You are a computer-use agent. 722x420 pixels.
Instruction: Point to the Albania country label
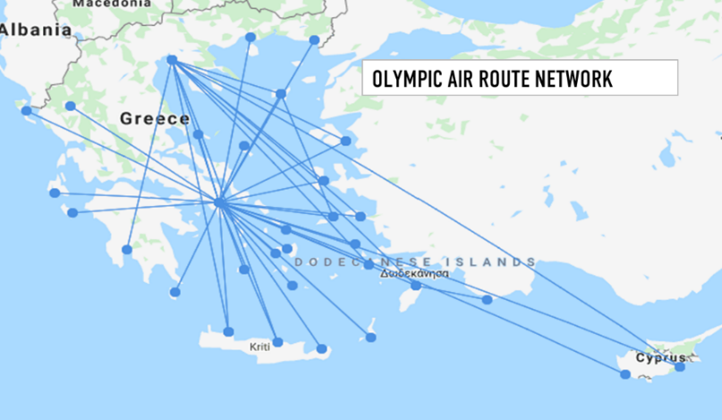pyautogui.click(x=36, y=30)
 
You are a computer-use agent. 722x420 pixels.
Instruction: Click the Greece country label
pyautogui.click(x=154, y=118)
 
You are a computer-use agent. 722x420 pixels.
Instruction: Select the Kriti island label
pyautogui.click(x=259, y=346)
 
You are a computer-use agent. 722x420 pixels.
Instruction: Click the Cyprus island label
pyautogui.click(x=660, y=358)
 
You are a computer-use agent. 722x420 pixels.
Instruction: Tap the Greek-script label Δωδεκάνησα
pyautogui.click(x=413, y=274)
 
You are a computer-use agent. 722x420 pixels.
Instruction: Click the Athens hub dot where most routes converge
pyautogui.click(x=220, y=203)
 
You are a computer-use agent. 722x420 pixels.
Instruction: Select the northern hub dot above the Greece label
pyautogui.click(x=172, y=60)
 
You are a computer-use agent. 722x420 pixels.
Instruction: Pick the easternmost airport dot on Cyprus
pyautogui.click(x=680, y=366)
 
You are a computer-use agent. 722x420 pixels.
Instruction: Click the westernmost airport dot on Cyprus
pyautogui.click(x=625, y=373)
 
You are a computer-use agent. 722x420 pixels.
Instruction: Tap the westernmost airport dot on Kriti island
pyautogui.click(x=228, y=331)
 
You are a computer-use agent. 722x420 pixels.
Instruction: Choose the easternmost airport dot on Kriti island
pyautogui.click(x=321, y=349)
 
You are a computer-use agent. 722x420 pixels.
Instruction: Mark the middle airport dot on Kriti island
pyautogui.click(x=277, y=342)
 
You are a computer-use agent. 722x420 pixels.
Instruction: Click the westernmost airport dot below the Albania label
pyautogui.click(x=26, y=111)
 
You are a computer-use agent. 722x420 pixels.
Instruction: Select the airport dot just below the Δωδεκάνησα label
pyautogui.click(x=415, y=286)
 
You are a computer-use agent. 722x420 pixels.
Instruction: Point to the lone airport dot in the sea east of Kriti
pyautogui.click(x=371, y=337)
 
